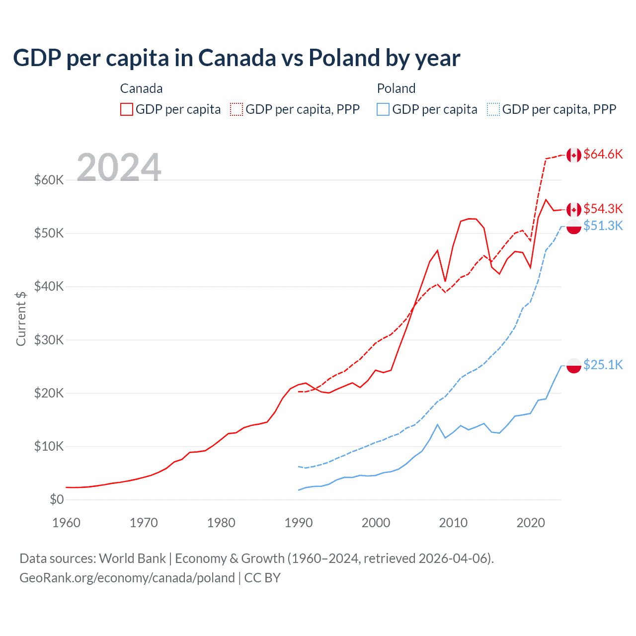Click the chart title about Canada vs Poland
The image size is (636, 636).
[237, 58]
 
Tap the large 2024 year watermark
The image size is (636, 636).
[119, 167]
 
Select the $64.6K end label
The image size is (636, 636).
[603, 155]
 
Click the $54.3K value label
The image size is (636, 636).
[603, 209]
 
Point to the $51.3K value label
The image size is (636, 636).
[603, 226]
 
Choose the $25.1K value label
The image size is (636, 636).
[603, 365]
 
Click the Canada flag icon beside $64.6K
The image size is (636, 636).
[574, 155]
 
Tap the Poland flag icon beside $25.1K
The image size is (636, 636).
[574, 366]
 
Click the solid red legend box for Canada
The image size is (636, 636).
[127, 109]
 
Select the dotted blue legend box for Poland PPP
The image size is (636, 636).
[493, 109]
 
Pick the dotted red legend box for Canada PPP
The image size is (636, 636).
[237, 109]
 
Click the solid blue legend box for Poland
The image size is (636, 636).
[383, 109]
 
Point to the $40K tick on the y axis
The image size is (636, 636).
[49, 287]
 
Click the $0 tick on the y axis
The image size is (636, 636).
[56, 500]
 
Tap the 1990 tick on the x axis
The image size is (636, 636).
[299, 523]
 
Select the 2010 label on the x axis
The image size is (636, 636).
[453, 523]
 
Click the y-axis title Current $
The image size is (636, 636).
[21, 318]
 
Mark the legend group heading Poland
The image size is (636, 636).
[396, 88]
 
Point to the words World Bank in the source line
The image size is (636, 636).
[132, 558]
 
